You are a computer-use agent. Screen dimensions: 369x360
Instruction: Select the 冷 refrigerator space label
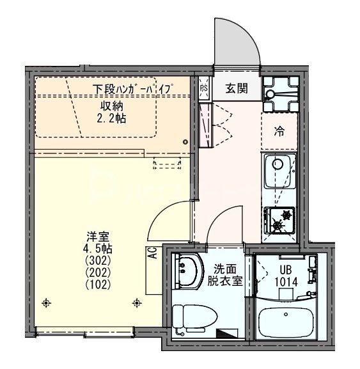tap(279, 132)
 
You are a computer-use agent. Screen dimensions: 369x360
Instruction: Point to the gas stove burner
tap(279, 221)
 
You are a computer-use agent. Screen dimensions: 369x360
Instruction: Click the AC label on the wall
tap(153, 253)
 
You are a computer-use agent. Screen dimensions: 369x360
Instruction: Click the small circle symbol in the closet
tap(185, 141)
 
